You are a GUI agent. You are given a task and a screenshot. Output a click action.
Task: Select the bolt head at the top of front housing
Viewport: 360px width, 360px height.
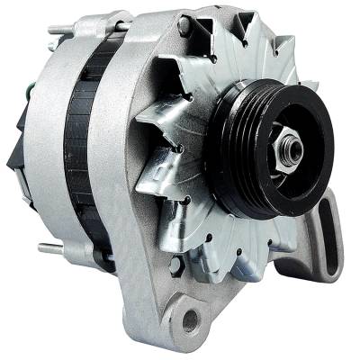tap(184, 27)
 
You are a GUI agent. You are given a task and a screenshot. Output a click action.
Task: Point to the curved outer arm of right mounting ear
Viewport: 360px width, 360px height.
tap(337, 243)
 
